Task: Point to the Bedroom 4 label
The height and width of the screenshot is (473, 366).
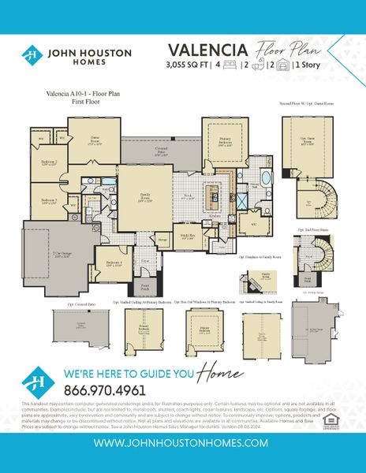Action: pyautogui.click(x=114, y=263)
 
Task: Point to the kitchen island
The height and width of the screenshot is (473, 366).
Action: pyautogui.click(x=211, y=195)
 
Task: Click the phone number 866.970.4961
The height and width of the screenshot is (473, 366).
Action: pyautogui.click(x=105, y=389)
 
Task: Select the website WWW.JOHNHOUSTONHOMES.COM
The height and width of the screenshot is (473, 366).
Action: pyautogui.click(x=183, y=443)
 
